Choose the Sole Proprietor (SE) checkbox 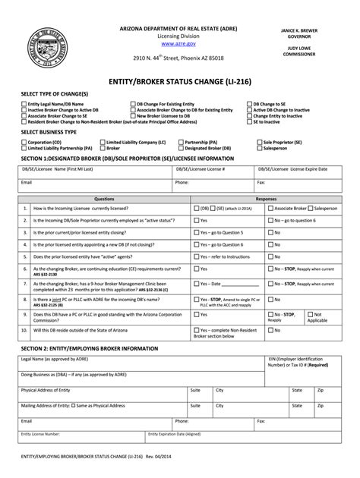(257, 141)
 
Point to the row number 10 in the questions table (24, 330)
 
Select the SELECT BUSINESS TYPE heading (52, 131)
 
